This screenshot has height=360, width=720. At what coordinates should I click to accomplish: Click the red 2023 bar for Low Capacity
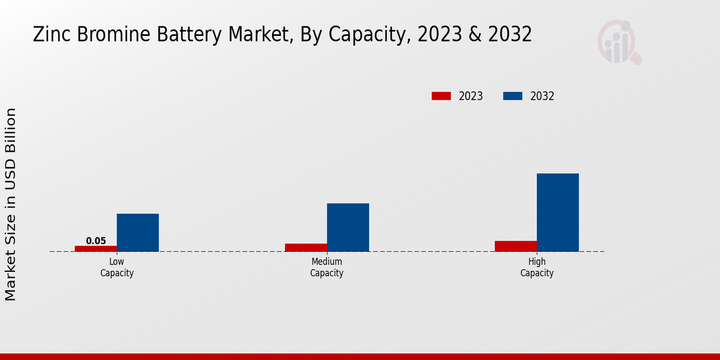tap(96, 248)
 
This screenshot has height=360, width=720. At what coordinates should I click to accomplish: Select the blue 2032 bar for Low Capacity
tap(138, 233)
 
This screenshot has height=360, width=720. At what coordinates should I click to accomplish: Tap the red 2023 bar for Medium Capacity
tap(306, 247)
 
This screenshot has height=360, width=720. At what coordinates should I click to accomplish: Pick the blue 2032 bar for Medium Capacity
tap(348, 227)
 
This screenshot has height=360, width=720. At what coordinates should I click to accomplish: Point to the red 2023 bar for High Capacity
tap(516, 246)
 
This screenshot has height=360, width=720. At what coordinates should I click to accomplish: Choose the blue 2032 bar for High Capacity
tap(558, 212)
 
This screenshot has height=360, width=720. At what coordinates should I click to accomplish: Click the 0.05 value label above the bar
tap(96, 241)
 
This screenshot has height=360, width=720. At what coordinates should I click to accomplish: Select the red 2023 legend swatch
tap(441, 96)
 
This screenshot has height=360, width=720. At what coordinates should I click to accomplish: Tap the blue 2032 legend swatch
tap(512, 96)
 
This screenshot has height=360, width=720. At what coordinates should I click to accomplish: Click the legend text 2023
tap(471, 96)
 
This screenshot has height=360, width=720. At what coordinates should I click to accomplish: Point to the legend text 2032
tap(542, 96)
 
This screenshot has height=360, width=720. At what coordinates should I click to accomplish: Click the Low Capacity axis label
tap(117, 268)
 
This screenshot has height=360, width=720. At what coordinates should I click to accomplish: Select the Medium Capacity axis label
tap(327, 268)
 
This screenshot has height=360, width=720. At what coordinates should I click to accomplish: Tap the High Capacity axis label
tap(537, 268)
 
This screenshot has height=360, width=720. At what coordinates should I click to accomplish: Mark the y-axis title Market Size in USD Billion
tap(11, 204)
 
